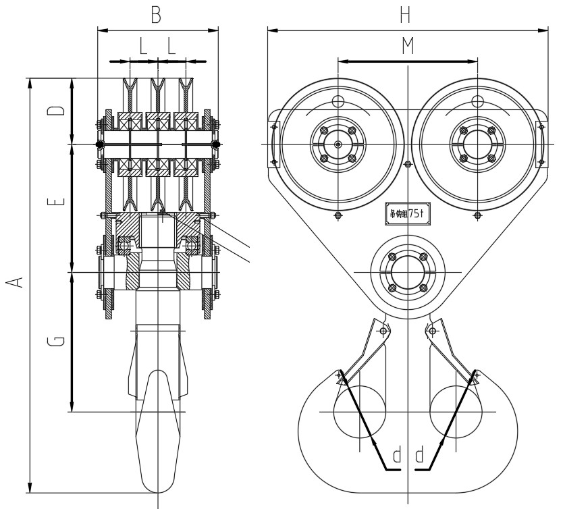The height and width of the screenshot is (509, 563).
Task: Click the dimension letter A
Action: [x=20, y=280]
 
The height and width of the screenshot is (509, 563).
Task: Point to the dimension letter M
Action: [x=407, y=46]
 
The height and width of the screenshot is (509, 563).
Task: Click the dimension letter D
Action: [x=59, y=110]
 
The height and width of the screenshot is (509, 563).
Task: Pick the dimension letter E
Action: [x=59, y=200]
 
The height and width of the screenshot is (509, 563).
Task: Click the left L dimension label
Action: [x=143, y=47]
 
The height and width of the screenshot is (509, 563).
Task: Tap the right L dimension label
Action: [x=171, y=47]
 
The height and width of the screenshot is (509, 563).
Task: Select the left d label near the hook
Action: [x=397, y=454]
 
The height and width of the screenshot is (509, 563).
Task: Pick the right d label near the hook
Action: [x=419, y=454]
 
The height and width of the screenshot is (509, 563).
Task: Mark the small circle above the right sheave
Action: [x=477, y=102]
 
